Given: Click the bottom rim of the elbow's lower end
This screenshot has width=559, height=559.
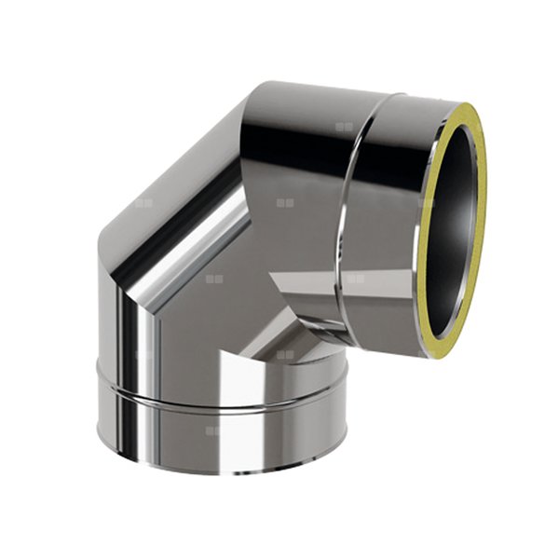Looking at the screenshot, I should pyautogui.click(x=224, y=471).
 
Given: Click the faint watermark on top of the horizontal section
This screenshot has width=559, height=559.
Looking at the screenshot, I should pyautogui.click(x=344, y=125).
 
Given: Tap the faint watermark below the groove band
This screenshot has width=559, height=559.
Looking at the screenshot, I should pyautogui.click(x=214, y=430).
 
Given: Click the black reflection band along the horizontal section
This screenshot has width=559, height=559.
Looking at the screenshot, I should pyautogui.click(x=307, y=140).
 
